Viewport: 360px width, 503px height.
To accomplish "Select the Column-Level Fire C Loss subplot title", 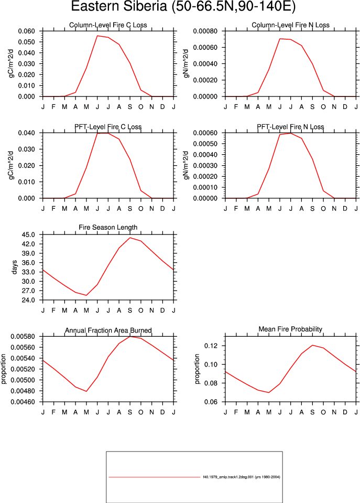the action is (x=108, y=25).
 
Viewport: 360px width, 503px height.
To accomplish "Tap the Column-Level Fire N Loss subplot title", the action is (x=290, y=25).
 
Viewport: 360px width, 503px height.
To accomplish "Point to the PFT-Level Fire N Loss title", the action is (x=290, y=127).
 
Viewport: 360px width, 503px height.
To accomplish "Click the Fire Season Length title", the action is (x=108, y=228).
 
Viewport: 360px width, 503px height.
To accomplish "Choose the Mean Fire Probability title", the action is (x=290, y=329).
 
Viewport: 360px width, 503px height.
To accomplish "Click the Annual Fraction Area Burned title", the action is (x=108, y=330).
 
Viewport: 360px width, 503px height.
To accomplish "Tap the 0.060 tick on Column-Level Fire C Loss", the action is (x=26, y=31).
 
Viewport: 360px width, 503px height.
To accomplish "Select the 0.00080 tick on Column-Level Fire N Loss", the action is (x=205, y=31).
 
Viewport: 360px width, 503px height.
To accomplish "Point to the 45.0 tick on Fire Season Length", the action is (x=28, y=234).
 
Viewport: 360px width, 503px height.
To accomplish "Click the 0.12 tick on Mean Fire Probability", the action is (x=211, y=346).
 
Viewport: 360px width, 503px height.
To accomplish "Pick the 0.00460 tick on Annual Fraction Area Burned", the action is (x=23, y=402).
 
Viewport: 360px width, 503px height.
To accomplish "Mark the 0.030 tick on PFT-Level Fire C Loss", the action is (x=26, y=149).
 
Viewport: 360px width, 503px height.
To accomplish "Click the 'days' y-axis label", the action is (x=14, y=267).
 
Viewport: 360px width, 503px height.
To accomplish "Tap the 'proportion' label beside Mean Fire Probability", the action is (x=197, y=369).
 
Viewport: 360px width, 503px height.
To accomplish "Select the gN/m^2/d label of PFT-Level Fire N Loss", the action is (x=186, y=165).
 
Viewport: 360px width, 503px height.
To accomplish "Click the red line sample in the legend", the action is (x=155, y=477).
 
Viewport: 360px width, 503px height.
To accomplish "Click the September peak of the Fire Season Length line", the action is (x=130, y=238).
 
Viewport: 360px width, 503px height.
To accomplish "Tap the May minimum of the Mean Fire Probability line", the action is (x=269, y=392).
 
